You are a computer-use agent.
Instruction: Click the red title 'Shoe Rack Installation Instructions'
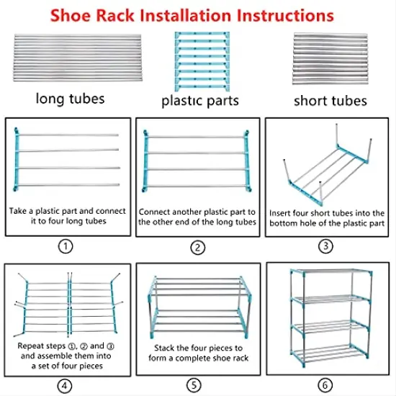198,14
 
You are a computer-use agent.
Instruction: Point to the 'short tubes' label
330,100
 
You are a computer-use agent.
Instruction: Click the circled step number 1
66,245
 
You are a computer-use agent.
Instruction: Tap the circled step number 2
198,245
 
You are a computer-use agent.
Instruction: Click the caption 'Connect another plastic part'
198,217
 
